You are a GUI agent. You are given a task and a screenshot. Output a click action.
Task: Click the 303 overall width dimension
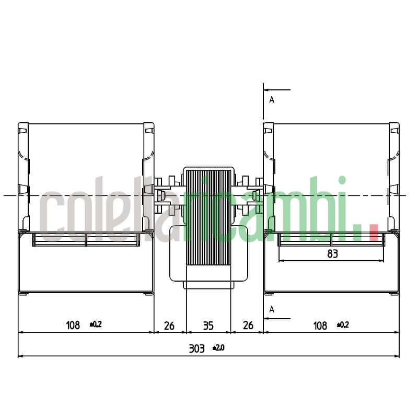[x=196, y=349]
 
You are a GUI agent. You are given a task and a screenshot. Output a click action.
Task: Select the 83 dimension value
[x=332, y=254]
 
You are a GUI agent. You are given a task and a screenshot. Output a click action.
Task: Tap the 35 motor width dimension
[x=208, y=326]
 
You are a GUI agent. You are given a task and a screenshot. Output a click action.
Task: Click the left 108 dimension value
[x=73, y=326]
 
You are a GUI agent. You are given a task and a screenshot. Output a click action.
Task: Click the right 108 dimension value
[x=320, y=326]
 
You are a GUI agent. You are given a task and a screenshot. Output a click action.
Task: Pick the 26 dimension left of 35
[x=169, y=326]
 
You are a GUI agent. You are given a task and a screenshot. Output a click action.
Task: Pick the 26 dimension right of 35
[x=248, y=326]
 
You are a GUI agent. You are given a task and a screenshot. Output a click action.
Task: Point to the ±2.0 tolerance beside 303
[x=218, y=347]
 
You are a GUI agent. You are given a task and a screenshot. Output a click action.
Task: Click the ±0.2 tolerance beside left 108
[x=96, y=324]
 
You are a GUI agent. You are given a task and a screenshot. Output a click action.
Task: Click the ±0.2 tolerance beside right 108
[x=342, y=324]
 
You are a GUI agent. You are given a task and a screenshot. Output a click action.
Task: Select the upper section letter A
[x=272, y=99]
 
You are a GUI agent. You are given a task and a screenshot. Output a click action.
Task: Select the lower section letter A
[x=272, y=309]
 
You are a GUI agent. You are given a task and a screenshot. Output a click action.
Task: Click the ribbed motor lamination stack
[x=208, y=219]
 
